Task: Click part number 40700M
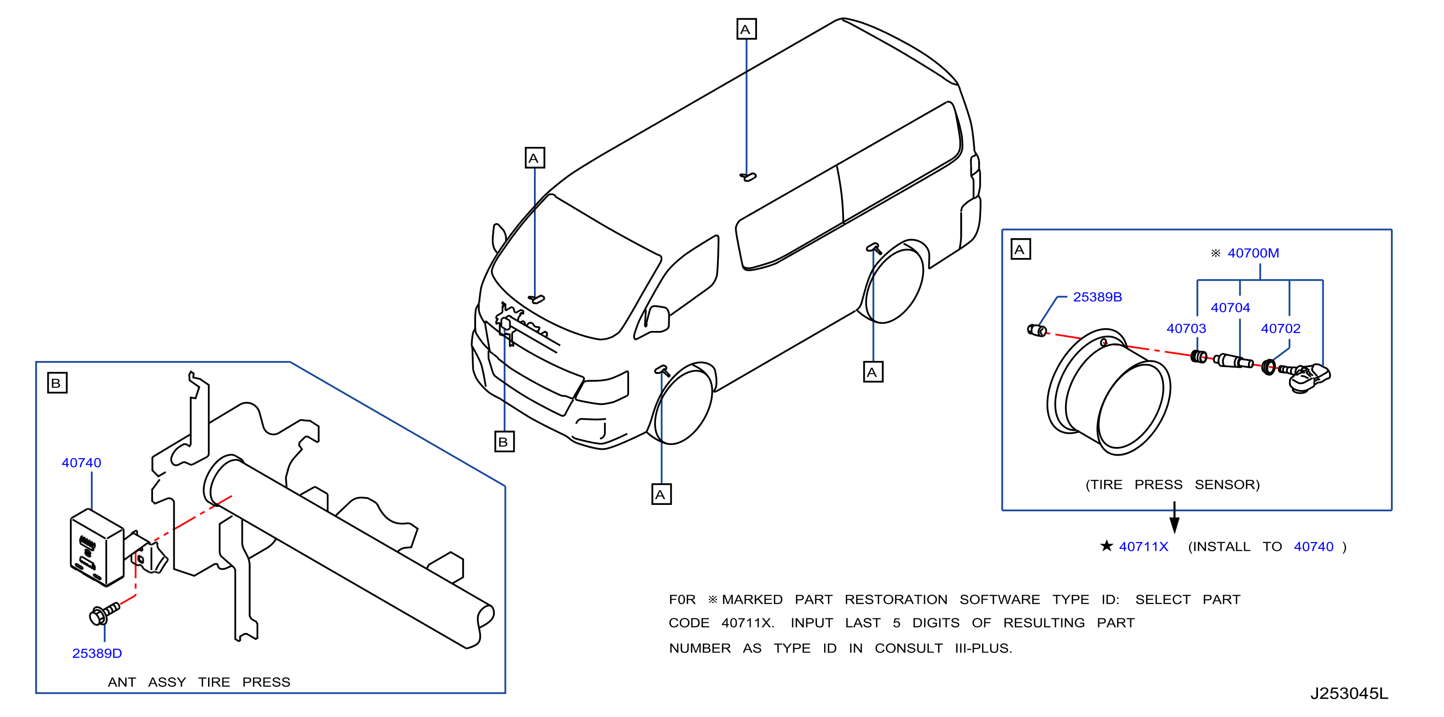tap(1253, 253)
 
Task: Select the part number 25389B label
tap(1097, 297)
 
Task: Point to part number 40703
tap(1186, 328)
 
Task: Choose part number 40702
tap(1280, 328)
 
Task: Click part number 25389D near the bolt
tap(97, 653)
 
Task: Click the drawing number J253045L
tap(1349, 693)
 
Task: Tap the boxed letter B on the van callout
tap(504, 442)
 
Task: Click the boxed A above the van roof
tap(746, 29)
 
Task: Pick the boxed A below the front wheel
tap(661, 494)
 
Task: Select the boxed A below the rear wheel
tap(873, 372)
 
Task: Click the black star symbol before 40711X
tap(1106, 545)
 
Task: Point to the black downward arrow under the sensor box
tap(1175, 517)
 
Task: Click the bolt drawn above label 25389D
tap(104, 613)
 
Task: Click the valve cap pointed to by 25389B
tap(1037, 330)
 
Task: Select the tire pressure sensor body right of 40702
tap(1309, 379)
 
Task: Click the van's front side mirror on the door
tap(657, 319)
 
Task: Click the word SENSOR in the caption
tap(1227, 484)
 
